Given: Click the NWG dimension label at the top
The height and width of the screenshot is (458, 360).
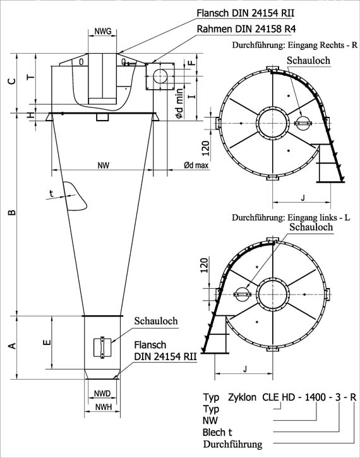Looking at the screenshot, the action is [103, 31].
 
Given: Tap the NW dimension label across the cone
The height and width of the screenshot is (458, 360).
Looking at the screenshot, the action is [104, 166].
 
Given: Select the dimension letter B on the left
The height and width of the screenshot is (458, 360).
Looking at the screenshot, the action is [12, 212].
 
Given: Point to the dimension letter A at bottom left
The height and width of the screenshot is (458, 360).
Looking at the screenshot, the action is [12, 346].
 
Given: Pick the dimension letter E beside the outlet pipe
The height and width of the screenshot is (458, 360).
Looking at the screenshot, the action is [47, 342].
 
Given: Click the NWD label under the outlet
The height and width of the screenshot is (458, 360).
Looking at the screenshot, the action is [102, 394].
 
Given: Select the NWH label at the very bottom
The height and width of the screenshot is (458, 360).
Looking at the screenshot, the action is [104, 407].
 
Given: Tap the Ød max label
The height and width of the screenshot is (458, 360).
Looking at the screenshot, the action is [196, 166].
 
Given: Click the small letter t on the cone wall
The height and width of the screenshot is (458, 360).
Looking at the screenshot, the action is [51, 193].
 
